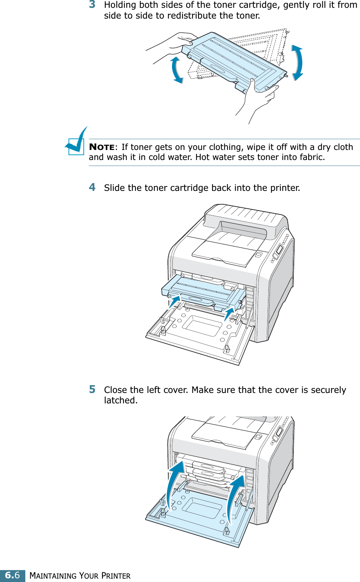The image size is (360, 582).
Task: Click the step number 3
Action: click(x=92, y=4)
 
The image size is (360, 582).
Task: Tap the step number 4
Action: click(x=92, y=187)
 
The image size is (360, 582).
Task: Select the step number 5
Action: click(x=92, y=389)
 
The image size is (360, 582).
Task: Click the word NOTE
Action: click(x=102, y=147)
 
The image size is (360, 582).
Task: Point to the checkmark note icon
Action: click(x=76, y=142)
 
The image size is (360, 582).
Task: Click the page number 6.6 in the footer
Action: click(x=12, y=575)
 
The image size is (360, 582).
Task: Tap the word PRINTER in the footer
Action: click(x=116, y=576)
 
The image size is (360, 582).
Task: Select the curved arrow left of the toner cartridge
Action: click(x=177, y=70)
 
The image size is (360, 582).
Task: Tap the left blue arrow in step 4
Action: click(x=174, y=301)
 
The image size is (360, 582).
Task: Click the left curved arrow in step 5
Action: click(x=174, y=482)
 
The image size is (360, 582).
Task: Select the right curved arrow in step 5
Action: click(x=235, y=495)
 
